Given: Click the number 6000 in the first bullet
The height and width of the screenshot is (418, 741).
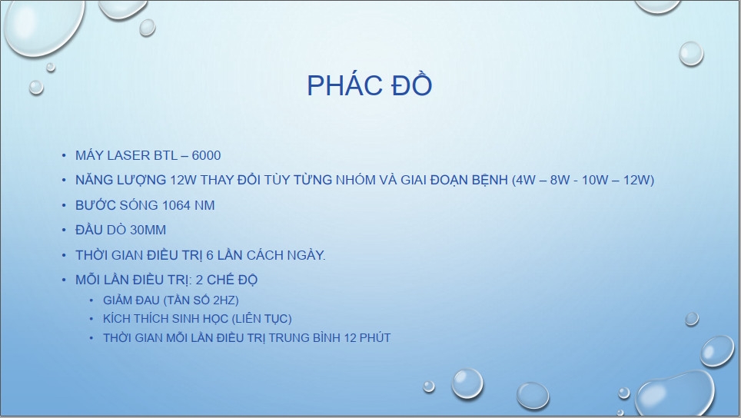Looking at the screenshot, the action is pos(207,155).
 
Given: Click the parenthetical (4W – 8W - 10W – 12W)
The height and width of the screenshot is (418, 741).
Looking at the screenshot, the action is pos(583,180).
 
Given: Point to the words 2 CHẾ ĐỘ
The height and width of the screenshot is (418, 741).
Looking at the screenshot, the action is pos(226,280).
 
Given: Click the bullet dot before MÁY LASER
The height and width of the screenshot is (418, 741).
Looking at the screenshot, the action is pos(64,155).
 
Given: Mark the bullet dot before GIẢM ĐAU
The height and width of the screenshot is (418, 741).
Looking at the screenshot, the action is pos(91,300).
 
